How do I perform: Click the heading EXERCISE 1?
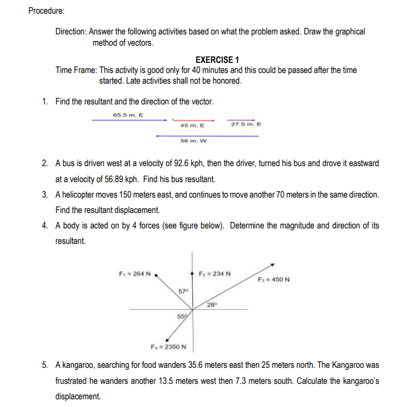(217, 60)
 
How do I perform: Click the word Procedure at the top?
(50, 11)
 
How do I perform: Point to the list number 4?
(46, 226)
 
